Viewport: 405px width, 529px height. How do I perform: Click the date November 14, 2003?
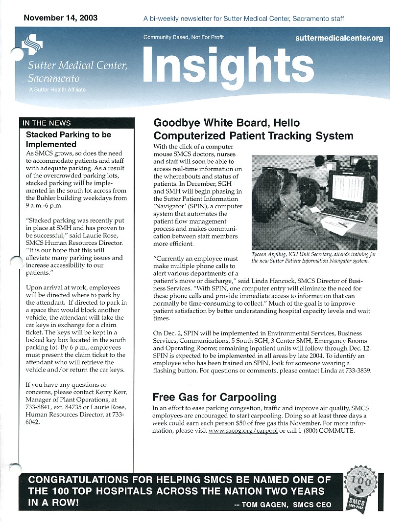pyautogui.click(x=60, y=18)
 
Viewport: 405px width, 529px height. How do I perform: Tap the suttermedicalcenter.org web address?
pyautogui.click(x=339, y=38)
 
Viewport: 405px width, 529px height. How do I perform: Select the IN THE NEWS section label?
pyautogui.click(x=47, y=123)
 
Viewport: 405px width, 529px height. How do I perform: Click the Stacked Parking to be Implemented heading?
pyautogui.click(x=68, y=139)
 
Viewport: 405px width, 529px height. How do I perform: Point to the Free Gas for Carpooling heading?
pyautogui.click(x=214, y=397)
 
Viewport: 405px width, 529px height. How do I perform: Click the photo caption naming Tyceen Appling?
pyautogui.click(x=313, y=258)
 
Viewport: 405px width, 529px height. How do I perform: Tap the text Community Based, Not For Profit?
pyautogui.click(x=184, y=38)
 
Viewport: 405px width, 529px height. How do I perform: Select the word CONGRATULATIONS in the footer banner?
pyautogui.click(x=75, y=480)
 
